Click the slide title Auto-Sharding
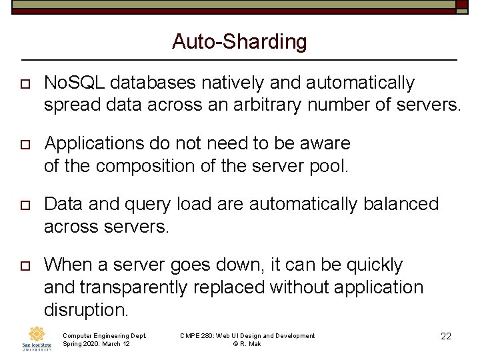239,42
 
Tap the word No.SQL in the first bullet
74,83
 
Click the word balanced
401,204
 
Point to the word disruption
85,309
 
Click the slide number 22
446,337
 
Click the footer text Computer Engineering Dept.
104,335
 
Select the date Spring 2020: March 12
96,344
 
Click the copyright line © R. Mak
247,344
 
